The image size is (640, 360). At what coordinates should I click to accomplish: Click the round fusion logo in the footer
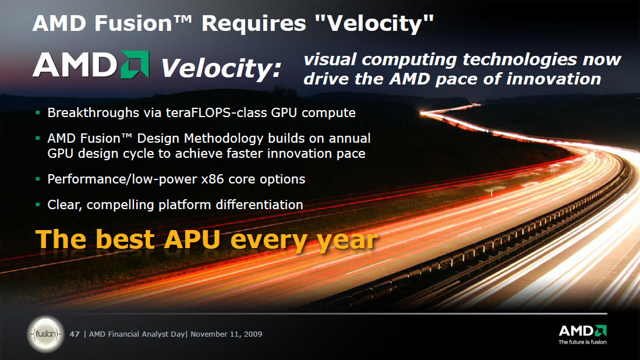pyautogui.click(x=45, y=334)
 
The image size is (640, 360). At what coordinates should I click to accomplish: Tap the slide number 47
pyautogui.click(x=75, y=334)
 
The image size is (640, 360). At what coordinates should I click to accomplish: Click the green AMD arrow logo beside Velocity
pyautogui.click(x=135, y=65)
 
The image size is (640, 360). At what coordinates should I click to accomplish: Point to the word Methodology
pyautogui.click(x=224, y=139)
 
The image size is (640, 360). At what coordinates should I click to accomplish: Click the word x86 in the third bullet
pyautogui.click(x=213, y=179)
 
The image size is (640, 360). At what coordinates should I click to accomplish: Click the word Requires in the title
pyautogui.click(x=253, y=23)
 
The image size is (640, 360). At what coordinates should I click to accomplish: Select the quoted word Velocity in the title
pyautogui.click(x=374, y=23)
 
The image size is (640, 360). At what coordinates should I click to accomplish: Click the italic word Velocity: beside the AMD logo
pyautogui.click(x=221, y=68)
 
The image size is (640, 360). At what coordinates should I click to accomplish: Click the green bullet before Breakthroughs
pyautogui.click(x=38, y=112)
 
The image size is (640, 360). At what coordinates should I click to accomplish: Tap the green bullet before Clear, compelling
pyautogui.click(x=38, y=204)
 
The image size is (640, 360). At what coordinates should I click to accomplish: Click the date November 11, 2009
pyautogui.click(x=226, y=334)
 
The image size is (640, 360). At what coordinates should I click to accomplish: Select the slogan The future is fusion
pyautogui.click(x=582, y=342)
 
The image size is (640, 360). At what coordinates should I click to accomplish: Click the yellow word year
pyautogui.click(x=347, y=241)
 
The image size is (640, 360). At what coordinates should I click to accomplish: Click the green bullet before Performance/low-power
pyautogui.click(x=38, y=179)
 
